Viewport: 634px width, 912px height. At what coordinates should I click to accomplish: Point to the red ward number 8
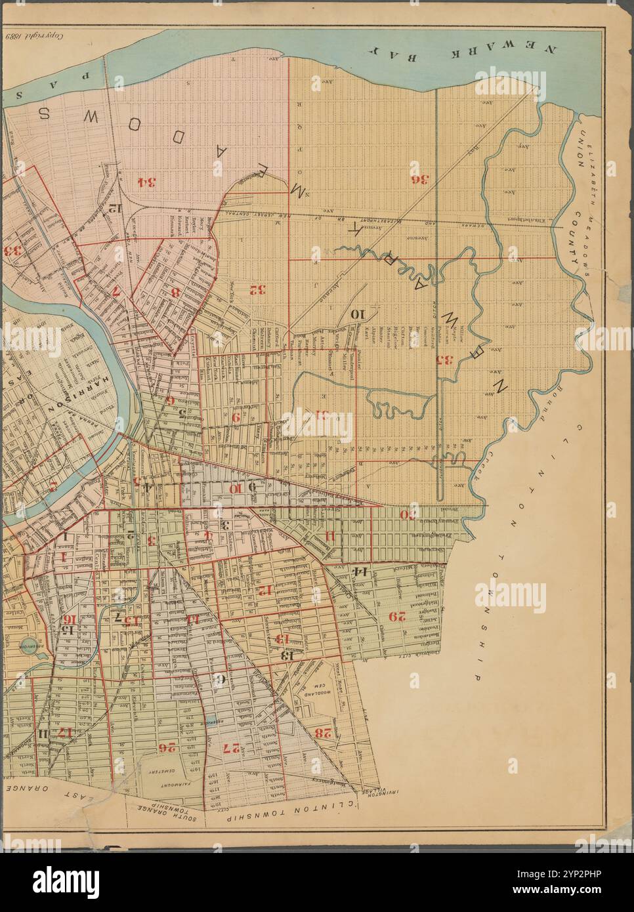175,293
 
